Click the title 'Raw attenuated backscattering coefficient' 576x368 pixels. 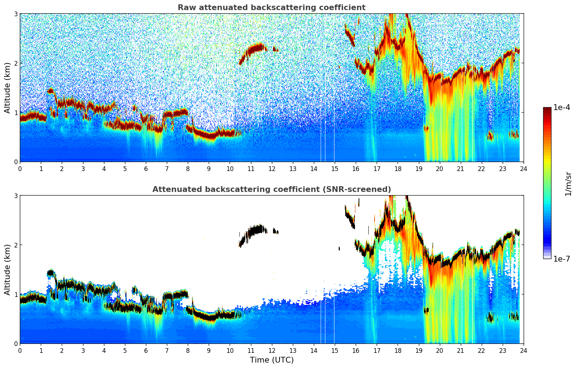point(271,8)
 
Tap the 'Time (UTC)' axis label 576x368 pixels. point(272,360)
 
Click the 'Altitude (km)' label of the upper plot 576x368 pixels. point(8,88)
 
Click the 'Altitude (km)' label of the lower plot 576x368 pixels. point(8,270)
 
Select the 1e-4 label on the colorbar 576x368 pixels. point(562,108)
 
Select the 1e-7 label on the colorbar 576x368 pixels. point(562,259)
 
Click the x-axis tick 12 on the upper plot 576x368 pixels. point(272,168)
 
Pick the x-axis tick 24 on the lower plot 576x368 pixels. point(523,350)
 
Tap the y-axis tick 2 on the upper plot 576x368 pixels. point(16,63)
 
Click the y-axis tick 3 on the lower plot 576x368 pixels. point(16,196)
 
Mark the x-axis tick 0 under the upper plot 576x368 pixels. point(20,168)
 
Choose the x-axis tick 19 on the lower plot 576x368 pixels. point(419,350)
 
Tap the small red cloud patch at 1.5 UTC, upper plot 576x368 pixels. point(50,91)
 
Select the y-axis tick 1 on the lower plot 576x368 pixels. point(16,294)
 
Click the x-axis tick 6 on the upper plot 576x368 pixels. point(146,168)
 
